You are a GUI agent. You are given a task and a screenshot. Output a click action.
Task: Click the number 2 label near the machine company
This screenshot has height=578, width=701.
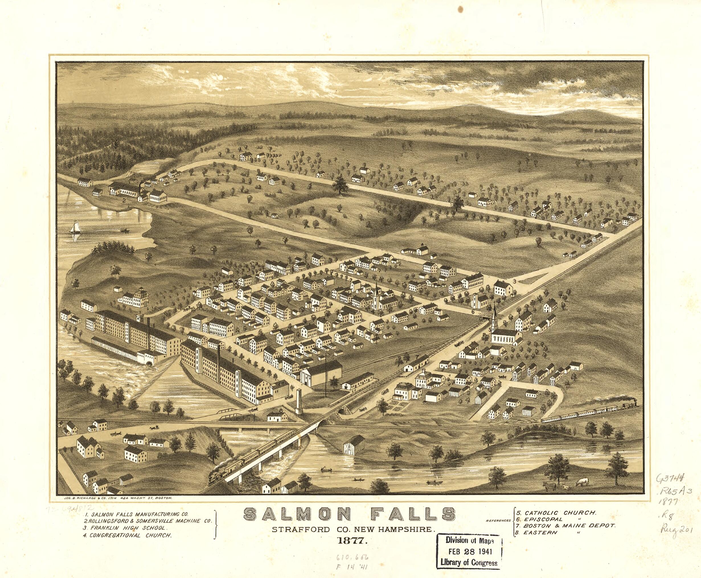tap(124, 200)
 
